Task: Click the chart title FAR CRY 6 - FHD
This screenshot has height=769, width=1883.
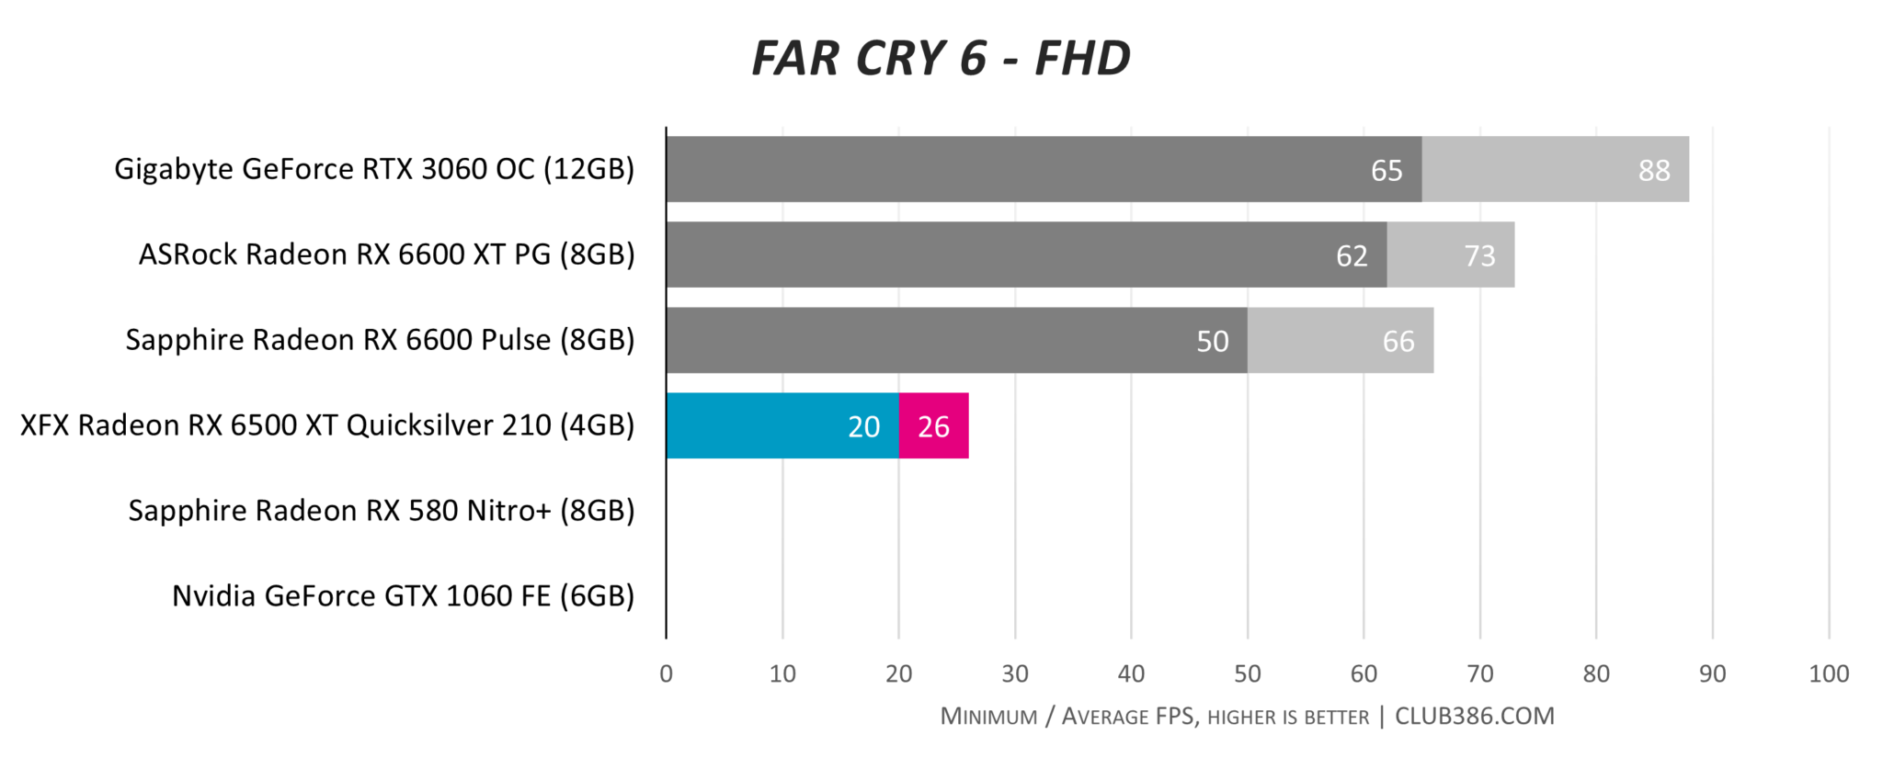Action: (941, 58)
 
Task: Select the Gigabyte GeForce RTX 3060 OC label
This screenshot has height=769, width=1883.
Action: (374, 169)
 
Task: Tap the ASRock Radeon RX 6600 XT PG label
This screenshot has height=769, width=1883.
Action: (386, 254)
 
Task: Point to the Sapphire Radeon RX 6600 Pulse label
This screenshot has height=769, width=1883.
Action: (380, 340)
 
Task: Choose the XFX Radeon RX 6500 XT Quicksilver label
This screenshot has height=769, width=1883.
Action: (327, 425)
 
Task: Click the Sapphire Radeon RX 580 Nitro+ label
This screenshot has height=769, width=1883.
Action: (381, 511)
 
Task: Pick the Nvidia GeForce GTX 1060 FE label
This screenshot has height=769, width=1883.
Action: (403, 596)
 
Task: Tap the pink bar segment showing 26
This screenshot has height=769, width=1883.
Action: (933, 426)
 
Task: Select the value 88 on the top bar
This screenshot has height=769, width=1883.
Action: (1653, 170)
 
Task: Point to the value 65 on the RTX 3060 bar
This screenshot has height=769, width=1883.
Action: (1386, 170)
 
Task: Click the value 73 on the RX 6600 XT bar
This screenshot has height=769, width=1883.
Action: (1478, 255)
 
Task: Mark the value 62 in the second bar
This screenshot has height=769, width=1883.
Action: (1351, 255)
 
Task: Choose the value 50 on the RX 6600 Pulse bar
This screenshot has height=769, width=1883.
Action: (1212, 342)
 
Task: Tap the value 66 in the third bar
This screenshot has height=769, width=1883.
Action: (1398, 342)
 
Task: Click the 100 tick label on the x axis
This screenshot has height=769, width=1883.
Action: (1828, 674)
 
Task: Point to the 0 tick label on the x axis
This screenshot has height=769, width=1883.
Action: (666, 674)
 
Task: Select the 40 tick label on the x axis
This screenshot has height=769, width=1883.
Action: (1131, 674)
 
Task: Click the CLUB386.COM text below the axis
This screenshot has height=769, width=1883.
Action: (1474, 717)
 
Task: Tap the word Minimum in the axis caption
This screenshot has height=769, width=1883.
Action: (988, 717)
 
